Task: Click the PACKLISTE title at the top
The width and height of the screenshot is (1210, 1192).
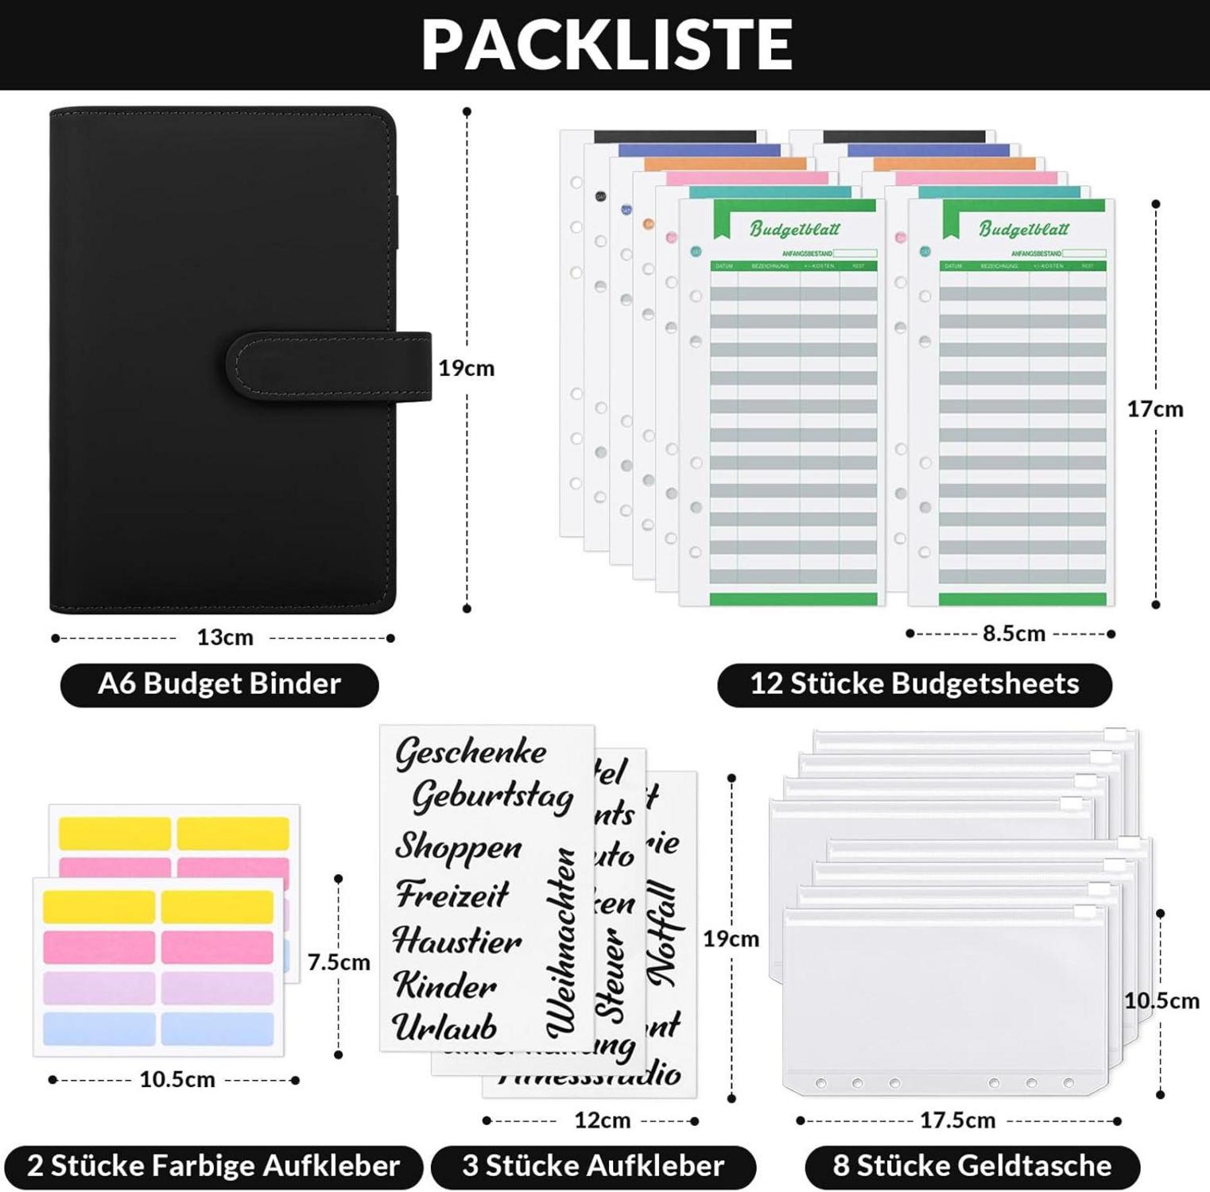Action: pyautogui.click(x=606, y=45)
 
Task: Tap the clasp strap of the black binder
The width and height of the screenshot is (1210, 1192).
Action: pyautogui.click(x=330, y=366)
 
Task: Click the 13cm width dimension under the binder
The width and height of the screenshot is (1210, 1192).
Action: pyautogui.click(x=225, y=637)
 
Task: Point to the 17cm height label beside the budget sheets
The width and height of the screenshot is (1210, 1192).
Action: pyautogui.click(x=1154, y=409)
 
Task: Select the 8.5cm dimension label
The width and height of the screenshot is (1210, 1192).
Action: pyautogui.click(x=1014, y=633)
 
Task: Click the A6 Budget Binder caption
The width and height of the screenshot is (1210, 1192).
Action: pyautogui.click(x=219, y=684)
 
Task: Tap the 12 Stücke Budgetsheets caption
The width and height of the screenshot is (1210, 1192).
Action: pyautogui.click(x=914, y=684)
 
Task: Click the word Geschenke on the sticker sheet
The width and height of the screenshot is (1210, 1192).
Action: pyautogui.click(x=471, y=752)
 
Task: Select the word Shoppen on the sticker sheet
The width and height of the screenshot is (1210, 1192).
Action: pyautogui.click(x=458, y=847)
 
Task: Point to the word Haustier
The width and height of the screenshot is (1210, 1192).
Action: pyautogui.click(x=457, y=942)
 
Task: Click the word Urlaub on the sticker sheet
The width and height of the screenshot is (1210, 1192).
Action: pyautogui.click(x=444, y=1028)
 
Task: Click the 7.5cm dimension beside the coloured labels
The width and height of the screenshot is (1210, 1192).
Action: pyautogui.click(x=339, y=962)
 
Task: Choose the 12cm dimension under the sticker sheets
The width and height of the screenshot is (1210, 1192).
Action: pyautogui.click(x=602, y=1120)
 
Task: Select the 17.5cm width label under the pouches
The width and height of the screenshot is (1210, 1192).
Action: pyautogui.click(x=957, y=1120)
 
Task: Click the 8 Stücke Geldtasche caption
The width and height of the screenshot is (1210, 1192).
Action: pyautogui.click(x=972, y=1166)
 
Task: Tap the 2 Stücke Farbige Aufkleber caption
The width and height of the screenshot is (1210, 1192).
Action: pyautogui.click(x=213, y=1166)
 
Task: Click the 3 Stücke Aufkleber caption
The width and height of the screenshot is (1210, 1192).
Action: pyautogui.click(x=593, y=1166)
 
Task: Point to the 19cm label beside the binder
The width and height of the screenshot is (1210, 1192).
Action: pyautogui.click(x=467, y=368)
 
